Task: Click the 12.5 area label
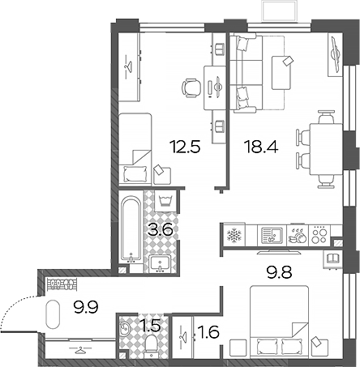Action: [x=185, y=147]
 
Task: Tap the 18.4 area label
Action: [x=261, y=147]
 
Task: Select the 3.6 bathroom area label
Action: [x=161, y=230]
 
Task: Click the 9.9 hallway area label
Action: [x=87, y=307]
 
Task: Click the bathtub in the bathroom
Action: [x=131, y=229]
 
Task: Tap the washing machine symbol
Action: [x=166, y=201]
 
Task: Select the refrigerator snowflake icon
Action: [x=233, y=235]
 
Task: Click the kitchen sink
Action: [x=272, y=235]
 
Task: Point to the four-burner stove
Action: [x=319, y=235]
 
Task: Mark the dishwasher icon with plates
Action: [x=298, y=236]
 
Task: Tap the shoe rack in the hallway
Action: [x=62, y=284]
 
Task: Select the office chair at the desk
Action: [x=191, y=88]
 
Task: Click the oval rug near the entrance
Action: [x=53, y=314]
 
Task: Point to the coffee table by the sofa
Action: [x=281, y=73]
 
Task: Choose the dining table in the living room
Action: [x=326, y=149]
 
